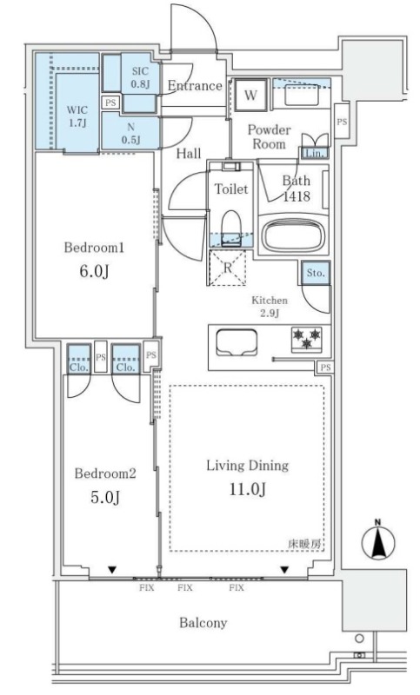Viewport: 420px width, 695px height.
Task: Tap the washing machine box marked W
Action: coord(250,95)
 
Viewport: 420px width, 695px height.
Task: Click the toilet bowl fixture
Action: coord(230,225)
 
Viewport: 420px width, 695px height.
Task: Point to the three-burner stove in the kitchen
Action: coord(307,340)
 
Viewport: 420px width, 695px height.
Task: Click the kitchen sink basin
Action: coord(237,341)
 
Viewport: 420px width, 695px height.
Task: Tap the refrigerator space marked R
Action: coord(227,268)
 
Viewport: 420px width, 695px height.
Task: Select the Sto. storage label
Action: coord(316,273)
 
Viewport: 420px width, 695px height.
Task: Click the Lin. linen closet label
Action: coord(315,154)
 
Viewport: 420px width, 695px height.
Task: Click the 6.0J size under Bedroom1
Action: coord(94,271)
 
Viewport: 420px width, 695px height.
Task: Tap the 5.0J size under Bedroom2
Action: coord(105,497)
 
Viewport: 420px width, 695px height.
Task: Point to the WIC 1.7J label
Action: coord(77,116)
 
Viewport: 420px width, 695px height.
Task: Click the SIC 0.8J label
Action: coord(140,77)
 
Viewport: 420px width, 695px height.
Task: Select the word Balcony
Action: coord(203,623)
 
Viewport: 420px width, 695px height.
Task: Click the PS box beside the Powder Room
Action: coord(342,121)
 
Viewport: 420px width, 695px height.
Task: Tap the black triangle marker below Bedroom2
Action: coord(112,570)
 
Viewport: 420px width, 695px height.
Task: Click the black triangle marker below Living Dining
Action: coord(283,570)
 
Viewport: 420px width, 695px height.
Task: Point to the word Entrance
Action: coord(195,85)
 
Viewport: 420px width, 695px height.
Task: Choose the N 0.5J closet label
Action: coord(130,134)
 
